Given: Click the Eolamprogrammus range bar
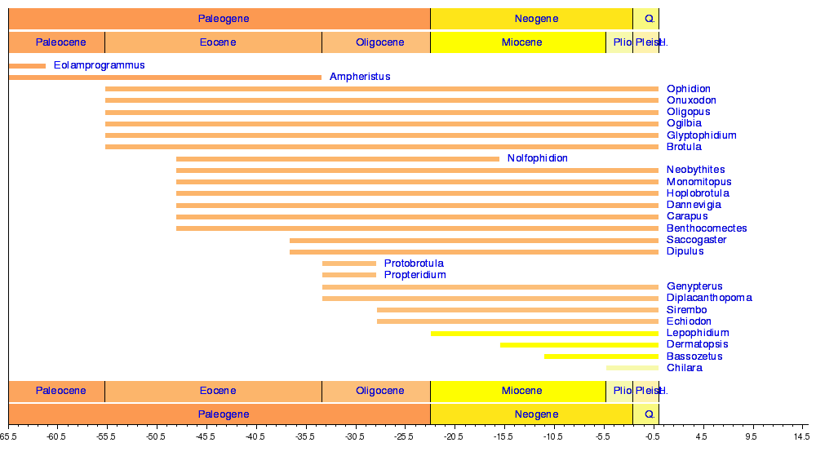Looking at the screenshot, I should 27,65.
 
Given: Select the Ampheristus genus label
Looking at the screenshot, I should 360,77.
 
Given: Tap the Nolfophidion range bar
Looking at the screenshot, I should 337,158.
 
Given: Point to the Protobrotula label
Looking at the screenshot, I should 414,263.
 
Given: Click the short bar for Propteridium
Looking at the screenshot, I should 349,275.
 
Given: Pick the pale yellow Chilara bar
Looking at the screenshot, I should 632,368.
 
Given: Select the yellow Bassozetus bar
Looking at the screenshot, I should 601,356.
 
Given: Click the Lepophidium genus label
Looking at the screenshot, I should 698,333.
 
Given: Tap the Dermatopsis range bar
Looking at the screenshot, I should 579,345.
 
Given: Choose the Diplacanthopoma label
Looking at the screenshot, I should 709,298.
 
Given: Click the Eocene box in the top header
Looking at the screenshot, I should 213,42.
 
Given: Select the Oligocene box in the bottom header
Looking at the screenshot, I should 376,392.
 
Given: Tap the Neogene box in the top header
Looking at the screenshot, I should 531,19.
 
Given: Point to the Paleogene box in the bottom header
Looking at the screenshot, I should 220,414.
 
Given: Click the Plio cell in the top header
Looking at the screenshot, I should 619,42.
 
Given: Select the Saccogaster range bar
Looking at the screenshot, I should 473,241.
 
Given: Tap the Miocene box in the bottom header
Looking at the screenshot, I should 518,392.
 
